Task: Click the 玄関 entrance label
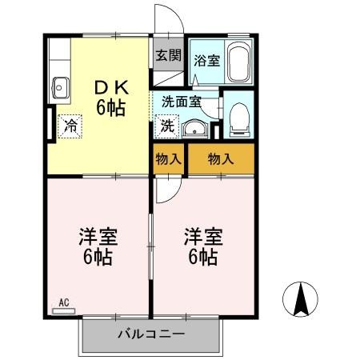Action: (168, 55)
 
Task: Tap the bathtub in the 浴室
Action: (239, 62)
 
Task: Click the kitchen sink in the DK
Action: (61, 88)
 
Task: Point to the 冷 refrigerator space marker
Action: (70, 126)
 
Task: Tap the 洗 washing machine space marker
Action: (167, 126)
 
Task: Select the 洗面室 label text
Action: (182, 102)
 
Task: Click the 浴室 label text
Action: (207, 61)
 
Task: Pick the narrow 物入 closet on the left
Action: (169, 159)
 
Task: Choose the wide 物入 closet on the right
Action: (221, 159)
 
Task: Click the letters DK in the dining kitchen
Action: (112, 88)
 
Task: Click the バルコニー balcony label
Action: (151, 334)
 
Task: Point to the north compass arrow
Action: (301, 299)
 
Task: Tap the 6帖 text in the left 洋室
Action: (98, 257)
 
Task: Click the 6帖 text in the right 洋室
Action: (202, 257)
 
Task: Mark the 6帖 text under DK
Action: (111, 108)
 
